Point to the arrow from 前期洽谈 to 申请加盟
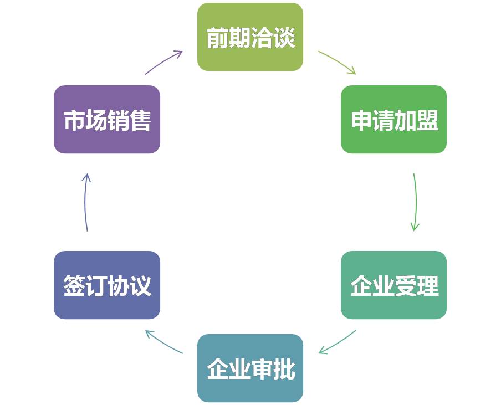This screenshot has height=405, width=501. (x=337, y=62)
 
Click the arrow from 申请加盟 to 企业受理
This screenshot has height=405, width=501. (x=415, y=202)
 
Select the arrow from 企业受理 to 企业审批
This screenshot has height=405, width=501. (x=337, y=342)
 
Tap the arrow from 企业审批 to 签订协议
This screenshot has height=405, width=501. (x=164, y=342)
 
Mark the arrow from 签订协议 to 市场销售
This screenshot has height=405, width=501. (x=85, y=202)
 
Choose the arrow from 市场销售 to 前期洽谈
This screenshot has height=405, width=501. (x=164, y=62)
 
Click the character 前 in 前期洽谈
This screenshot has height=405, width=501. (x=217, y=38)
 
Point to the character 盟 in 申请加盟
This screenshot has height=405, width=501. (x=427, y=121)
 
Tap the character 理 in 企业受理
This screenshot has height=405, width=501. (x=427, y=286)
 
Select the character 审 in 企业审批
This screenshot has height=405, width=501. (x=261, y=369)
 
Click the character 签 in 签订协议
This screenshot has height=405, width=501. (x=74, y=286)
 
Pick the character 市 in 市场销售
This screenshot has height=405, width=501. (x=74, y=121)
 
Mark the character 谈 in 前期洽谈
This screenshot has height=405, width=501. (x=283, y=38)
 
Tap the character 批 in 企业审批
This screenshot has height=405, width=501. (x=283, y=369)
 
